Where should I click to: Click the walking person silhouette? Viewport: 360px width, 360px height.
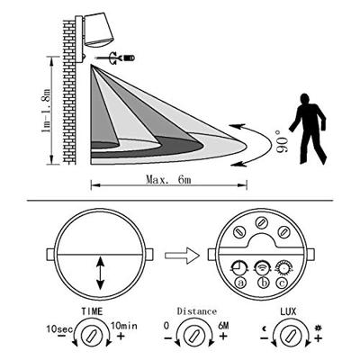coord(309,129)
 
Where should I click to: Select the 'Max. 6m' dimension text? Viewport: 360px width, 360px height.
coord(168,179)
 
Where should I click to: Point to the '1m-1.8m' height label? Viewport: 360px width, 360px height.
coord(46,109)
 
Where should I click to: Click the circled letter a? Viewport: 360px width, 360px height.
coord(240,283)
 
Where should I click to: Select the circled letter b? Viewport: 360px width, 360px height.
coord(263,283)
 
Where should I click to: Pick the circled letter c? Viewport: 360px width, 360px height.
coord(282,283)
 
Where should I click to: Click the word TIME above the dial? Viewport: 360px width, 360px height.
coord(92,311)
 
